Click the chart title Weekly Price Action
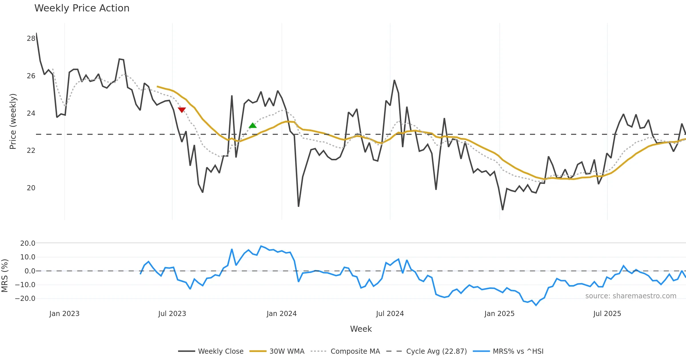(x=82, y=8)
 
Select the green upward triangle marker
(x=253, y=125)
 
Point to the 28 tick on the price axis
(x=31, y=39)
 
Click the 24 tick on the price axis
(x=31, y=113)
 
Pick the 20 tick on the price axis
(x=31, y=188)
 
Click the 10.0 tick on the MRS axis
(x=28, y=257)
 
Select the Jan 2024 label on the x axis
(x=282, y=314)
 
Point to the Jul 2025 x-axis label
(x=607, y=314)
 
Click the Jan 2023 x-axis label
(x=64, y=314)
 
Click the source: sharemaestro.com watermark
(x=631, y=296)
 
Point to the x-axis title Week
(x=361, y=329)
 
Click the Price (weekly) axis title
(x=13, y=121)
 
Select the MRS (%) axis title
(x=5, y=276)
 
